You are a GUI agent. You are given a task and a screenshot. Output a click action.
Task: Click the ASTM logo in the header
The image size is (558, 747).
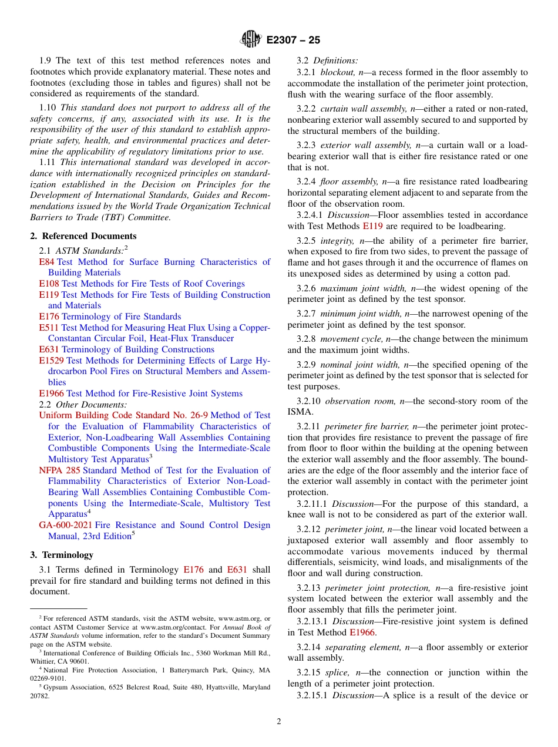coord(251,39)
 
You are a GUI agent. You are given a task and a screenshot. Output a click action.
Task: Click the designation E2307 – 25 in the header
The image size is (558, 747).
coord(293,40)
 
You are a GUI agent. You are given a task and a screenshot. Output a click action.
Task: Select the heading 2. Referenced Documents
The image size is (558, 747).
coord(83,236)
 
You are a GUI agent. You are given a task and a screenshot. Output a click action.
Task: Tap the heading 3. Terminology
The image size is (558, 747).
coord(62,554)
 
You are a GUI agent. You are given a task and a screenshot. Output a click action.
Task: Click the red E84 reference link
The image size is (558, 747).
coord(46,262)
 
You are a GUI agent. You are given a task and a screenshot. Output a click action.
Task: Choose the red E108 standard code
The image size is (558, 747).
coord(49,284)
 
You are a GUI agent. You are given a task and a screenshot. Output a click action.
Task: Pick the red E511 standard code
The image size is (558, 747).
coord(49,328)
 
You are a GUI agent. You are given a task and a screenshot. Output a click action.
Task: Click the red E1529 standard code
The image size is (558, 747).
coord(51,361)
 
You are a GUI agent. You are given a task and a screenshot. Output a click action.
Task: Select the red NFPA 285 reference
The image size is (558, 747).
coord(59,470)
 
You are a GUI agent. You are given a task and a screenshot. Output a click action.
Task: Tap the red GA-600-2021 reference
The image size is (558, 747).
coord(65,525)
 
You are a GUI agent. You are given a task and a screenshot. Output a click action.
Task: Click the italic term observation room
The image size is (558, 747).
coord(359,401)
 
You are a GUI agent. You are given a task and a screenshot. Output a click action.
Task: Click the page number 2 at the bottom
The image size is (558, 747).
coord(279,722)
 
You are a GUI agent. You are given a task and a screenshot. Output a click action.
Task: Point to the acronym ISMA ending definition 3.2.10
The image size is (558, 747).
coord(298,412)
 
